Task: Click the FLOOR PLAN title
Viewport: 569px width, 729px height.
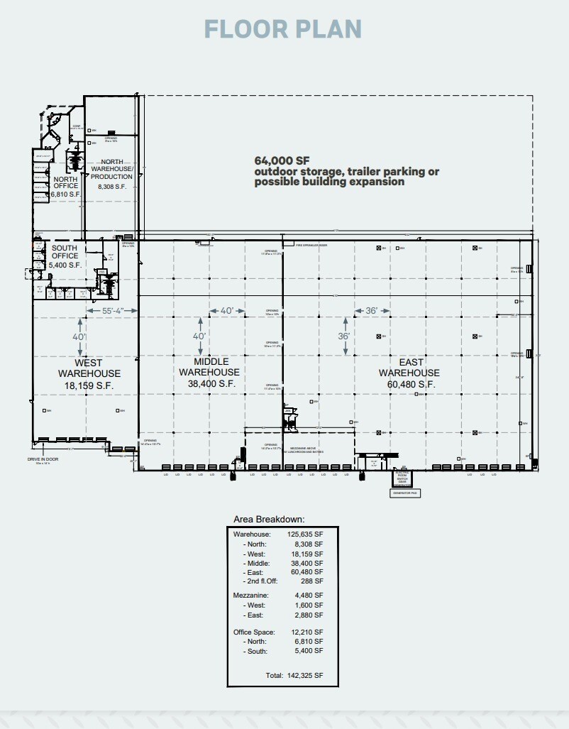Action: pos(283,29)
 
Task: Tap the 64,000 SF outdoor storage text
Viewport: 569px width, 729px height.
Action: pos(346,171)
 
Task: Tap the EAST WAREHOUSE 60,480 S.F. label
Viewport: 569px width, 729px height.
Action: pos(409,373)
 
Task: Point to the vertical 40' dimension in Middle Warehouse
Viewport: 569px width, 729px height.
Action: pos(199,336)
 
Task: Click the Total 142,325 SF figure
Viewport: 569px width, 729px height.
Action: pos(294,675)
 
